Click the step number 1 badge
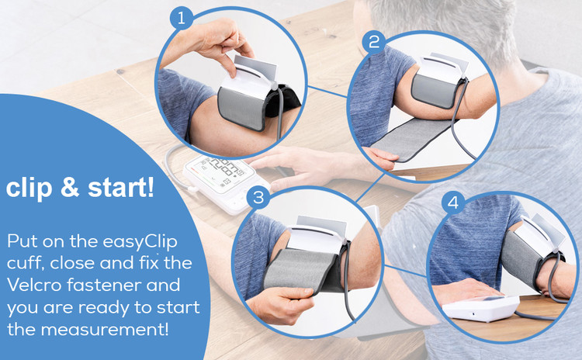click(182, 18)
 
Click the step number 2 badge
click(374, 43)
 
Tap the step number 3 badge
click(258, 197)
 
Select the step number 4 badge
click(453, 203)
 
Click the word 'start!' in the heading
click(121, 189)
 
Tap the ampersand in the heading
click(70, 188)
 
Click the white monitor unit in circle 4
click(481, 307)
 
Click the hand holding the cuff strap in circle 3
click(281, 303)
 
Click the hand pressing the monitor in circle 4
click(463, 291)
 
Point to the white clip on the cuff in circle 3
click(316, 237)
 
